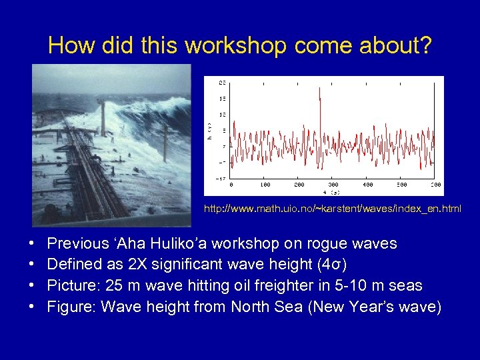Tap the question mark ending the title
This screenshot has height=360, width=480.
(x=425, y=45)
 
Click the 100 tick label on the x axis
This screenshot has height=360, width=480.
(x=265, y=185)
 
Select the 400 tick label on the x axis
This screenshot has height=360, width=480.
(x=367, y=185)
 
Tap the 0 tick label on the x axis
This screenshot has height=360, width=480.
(x=231, y=185)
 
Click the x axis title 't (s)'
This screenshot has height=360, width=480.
(x=333, y=191)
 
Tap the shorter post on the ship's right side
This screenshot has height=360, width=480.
(x=165, y=141)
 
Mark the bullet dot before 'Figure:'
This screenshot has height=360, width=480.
(x=33, y=307)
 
